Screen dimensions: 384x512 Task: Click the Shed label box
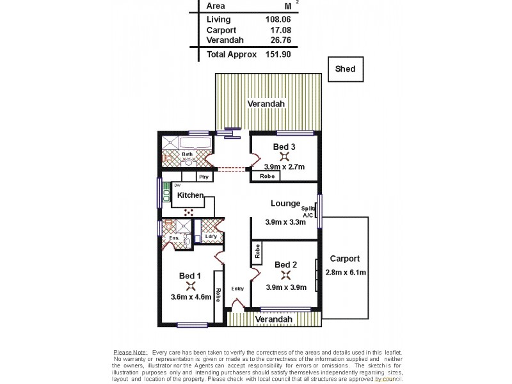pos(345,69)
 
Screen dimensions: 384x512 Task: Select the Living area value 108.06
pos(278,19)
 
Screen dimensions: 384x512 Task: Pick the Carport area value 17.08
pos(280,29)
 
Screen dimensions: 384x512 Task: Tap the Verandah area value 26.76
pos(280,40)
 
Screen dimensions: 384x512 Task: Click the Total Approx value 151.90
pos(278,55)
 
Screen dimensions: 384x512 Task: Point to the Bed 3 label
pos(284,147)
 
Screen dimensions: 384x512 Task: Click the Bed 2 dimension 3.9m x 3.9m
pos(286,287)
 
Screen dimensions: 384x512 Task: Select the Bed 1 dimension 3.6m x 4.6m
pos(191,296)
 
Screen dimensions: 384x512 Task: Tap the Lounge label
pos(285,204)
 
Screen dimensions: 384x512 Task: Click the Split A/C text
pos(308,212)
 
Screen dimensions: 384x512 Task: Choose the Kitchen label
pos(190,195)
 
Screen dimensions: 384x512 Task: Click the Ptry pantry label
pos(204,177)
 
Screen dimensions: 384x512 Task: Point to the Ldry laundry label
pos(211,237)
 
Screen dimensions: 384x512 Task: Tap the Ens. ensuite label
pos(174,239)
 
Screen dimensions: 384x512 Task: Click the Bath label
pos(187,154)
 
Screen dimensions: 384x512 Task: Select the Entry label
pos(237,289)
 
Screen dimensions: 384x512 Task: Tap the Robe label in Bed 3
pos(268,176)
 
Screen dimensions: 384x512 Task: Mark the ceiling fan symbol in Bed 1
pos(190,285)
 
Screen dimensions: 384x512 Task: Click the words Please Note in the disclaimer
pos(130,352)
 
